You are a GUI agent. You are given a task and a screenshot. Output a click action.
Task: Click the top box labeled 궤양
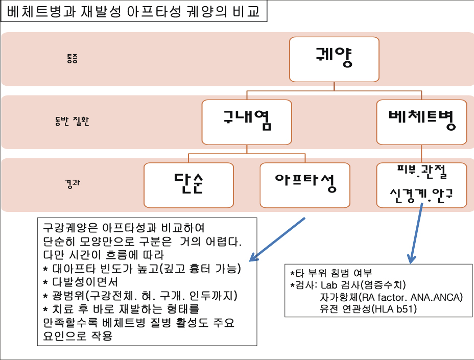pos(334,59)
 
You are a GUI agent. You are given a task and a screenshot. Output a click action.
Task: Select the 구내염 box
pos(247,122)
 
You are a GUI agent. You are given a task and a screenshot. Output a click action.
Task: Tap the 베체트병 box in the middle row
pos(421,122)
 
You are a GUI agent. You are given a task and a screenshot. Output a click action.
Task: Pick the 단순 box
pos(188,185)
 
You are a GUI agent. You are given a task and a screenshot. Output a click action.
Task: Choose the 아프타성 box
pos(305,185)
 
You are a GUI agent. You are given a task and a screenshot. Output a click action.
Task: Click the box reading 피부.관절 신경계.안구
pos(421,185)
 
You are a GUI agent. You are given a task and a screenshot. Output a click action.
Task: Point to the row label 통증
pos(72,58)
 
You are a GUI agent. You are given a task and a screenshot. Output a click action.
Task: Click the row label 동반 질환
pos(72,121)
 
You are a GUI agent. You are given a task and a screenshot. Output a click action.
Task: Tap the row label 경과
pos(72,183)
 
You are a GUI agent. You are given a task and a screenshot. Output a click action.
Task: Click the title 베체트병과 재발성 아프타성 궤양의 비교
pos(133,11)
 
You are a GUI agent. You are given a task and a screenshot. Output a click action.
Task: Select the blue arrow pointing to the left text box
pos(277,239)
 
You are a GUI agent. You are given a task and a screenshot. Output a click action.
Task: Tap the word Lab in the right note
pos(329,285)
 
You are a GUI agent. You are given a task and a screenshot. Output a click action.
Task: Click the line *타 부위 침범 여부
pos(331,273)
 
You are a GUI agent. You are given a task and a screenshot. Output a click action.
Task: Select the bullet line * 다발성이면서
pos(80,282)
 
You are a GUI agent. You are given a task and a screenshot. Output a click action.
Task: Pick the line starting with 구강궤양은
pos(124,228)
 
